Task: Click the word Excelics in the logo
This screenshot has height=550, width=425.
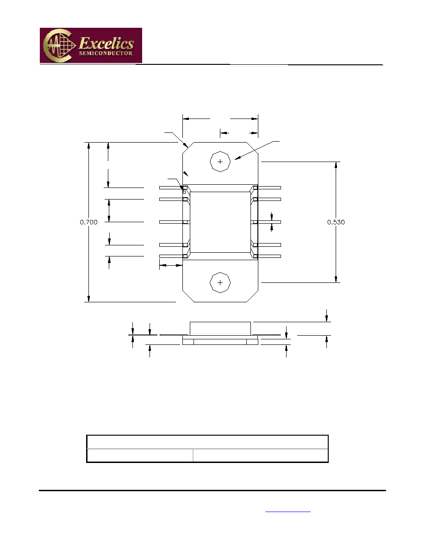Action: [x=106, y=44]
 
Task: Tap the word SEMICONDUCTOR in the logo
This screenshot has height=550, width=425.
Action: [x=106, y=53]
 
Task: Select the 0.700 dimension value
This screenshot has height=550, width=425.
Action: [x=89, y=222]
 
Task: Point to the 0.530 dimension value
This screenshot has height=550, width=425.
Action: [x=336, y=222]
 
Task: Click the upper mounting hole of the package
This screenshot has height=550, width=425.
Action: [x=220, y=162]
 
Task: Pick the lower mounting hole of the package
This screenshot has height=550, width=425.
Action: [x=220, y=282]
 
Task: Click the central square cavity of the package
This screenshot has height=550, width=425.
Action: [x=220, y=222]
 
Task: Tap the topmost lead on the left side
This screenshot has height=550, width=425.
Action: [x=171, y=187]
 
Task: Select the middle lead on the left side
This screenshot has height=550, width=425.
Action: [x=171, y=222]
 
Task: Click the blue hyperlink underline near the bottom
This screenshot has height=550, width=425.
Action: [x=288, y=512]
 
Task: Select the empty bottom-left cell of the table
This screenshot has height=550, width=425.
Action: [x=140, y=456]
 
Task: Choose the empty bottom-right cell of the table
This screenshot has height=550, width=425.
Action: [x=260, y=456]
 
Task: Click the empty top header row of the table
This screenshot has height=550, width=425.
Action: [x=207, y=442]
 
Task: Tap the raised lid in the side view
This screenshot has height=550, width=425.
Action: [x=220, y=328]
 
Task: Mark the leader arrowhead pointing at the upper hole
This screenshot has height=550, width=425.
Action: [x=237, y=158]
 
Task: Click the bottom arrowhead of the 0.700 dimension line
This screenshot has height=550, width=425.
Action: [x=89, y=298]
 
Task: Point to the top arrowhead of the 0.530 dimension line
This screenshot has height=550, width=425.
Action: [x=336, y=166]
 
